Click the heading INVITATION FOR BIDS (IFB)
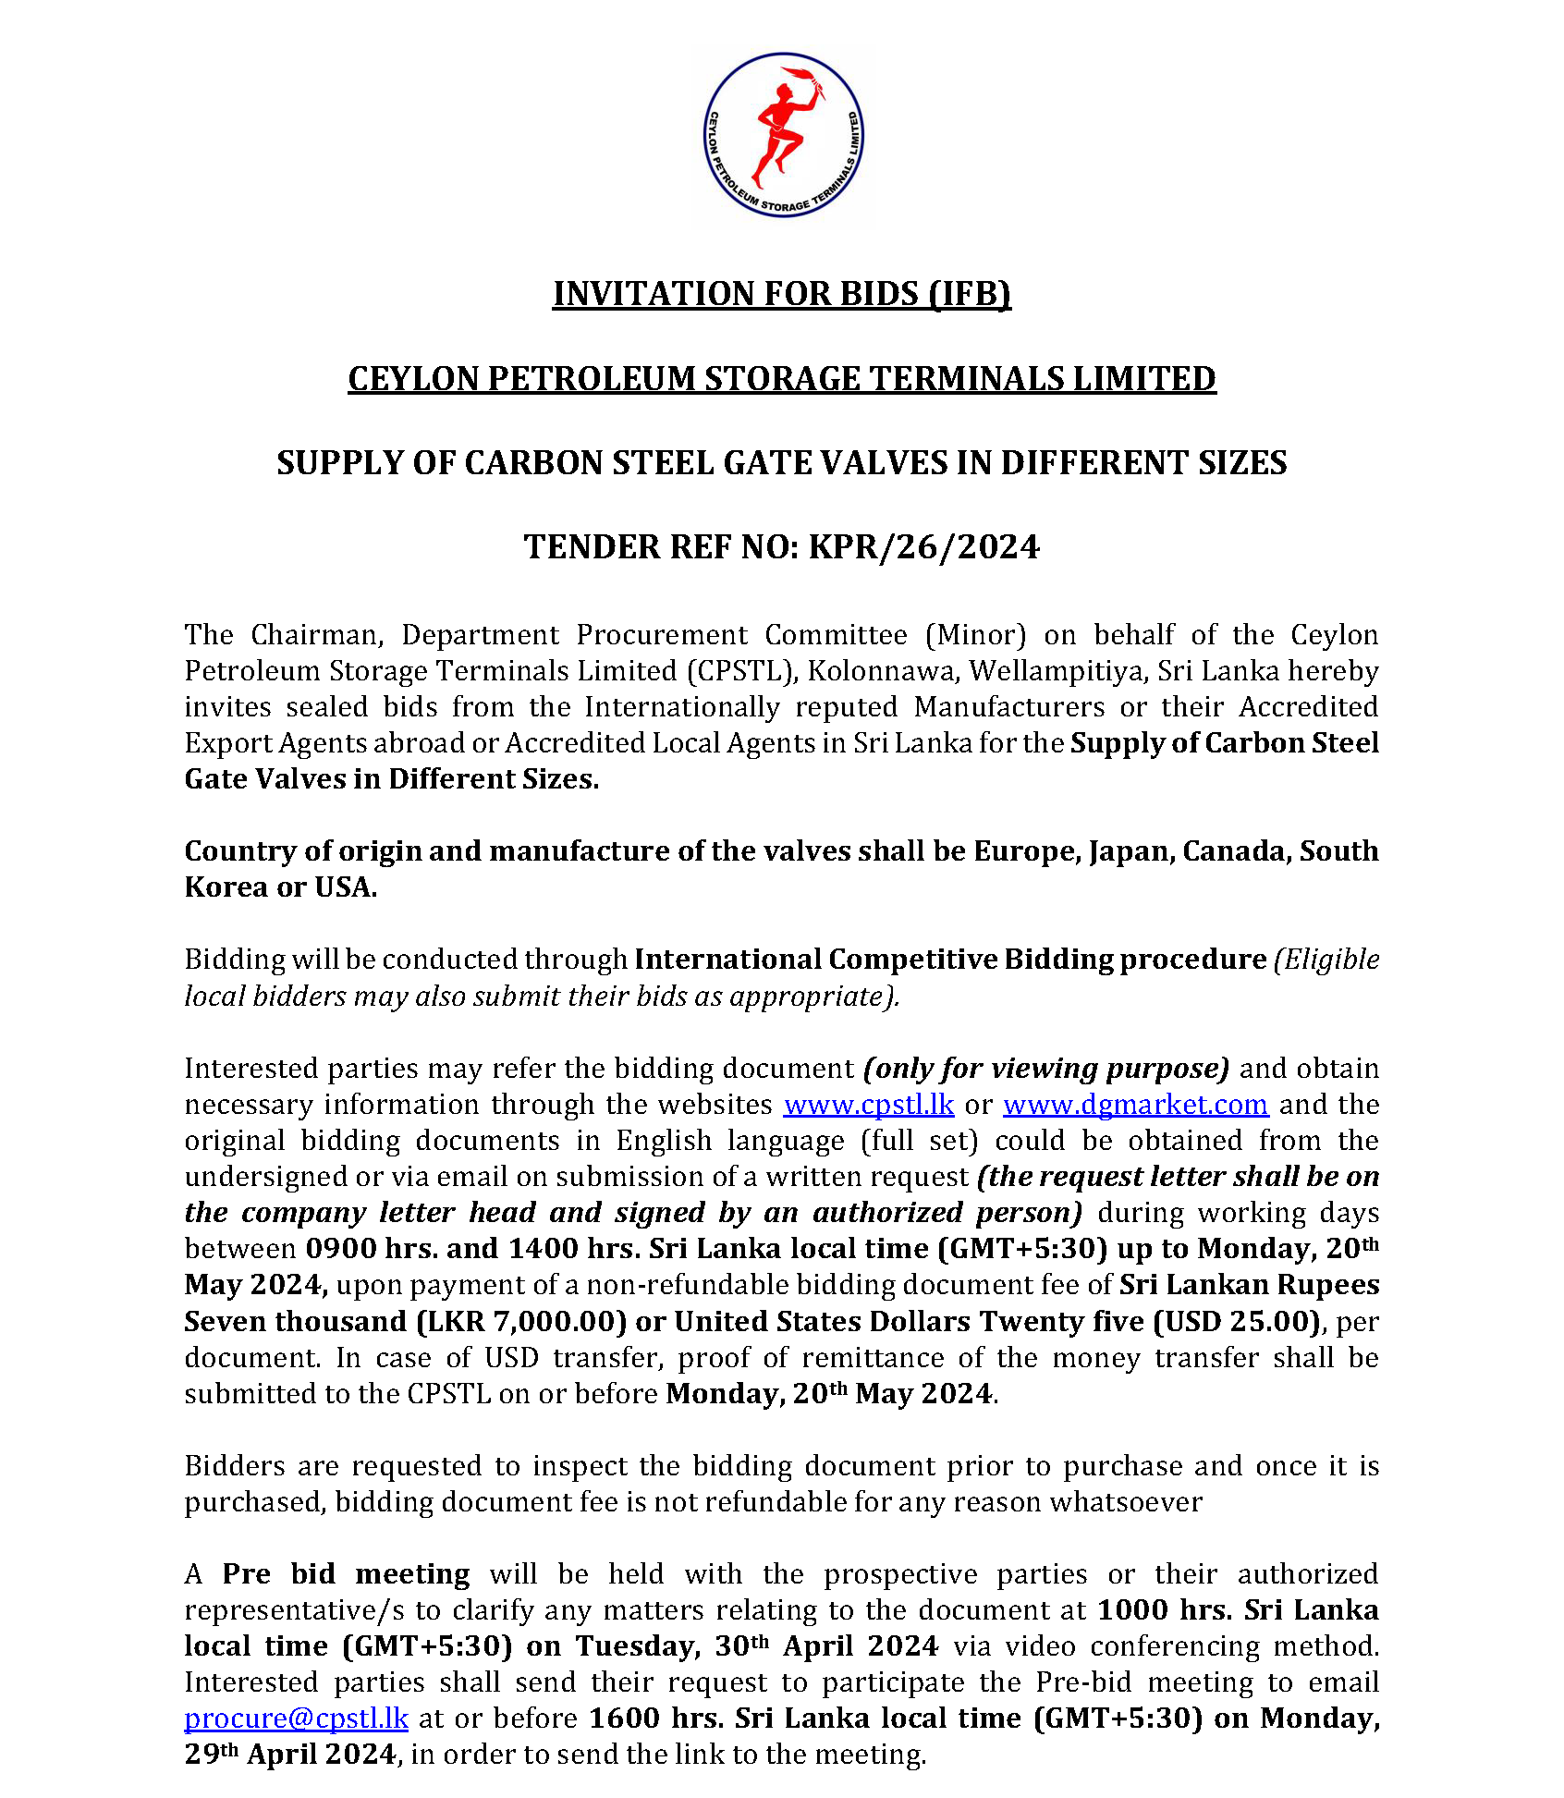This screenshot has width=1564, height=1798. (x=782, y=294)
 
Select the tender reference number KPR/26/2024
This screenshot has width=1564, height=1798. (x=924, y=547)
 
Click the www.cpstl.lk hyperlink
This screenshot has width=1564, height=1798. (x=868, y=1105)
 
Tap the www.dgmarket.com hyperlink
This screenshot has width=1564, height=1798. (x=1135, y=1105)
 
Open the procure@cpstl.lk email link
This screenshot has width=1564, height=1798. (x=296, y=1718)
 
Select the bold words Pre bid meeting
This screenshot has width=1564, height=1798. (x=346, y=1574)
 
